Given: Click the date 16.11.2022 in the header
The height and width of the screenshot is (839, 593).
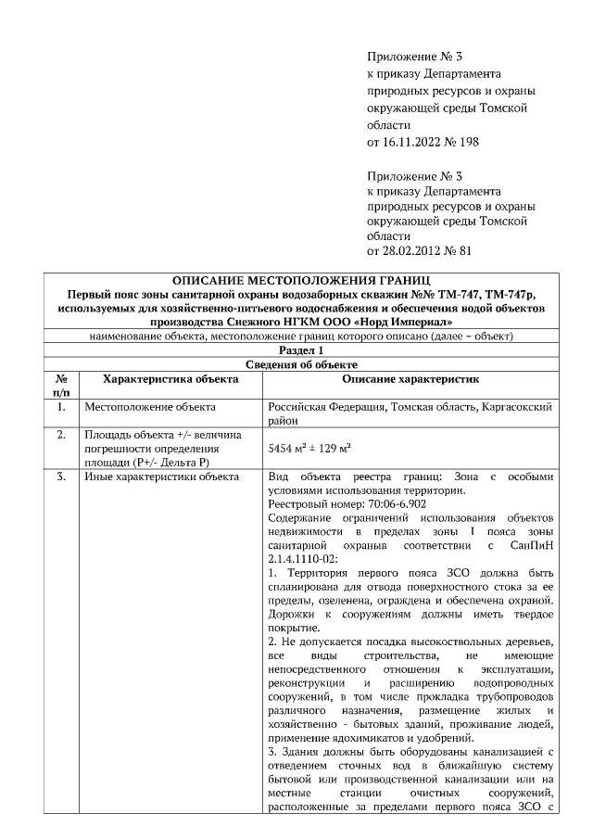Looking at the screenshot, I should pos(415,142).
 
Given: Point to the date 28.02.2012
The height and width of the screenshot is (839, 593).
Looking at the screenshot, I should pos(415,250).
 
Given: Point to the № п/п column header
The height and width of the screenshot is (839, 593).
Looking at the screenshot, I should pos(61,386).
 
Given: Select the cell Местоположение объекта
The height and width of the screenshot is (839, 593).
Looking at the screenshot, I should pos(150,407).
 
